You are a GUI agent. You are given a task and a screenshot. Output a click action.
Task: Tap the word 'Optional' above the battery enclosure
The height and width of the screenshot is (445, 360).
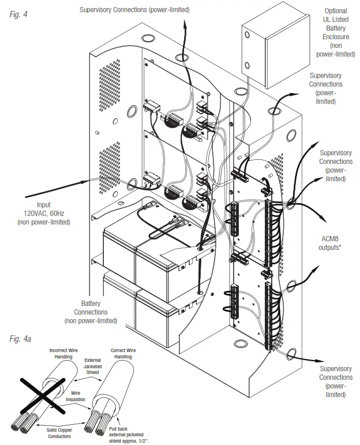click(x=336, y=11)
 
